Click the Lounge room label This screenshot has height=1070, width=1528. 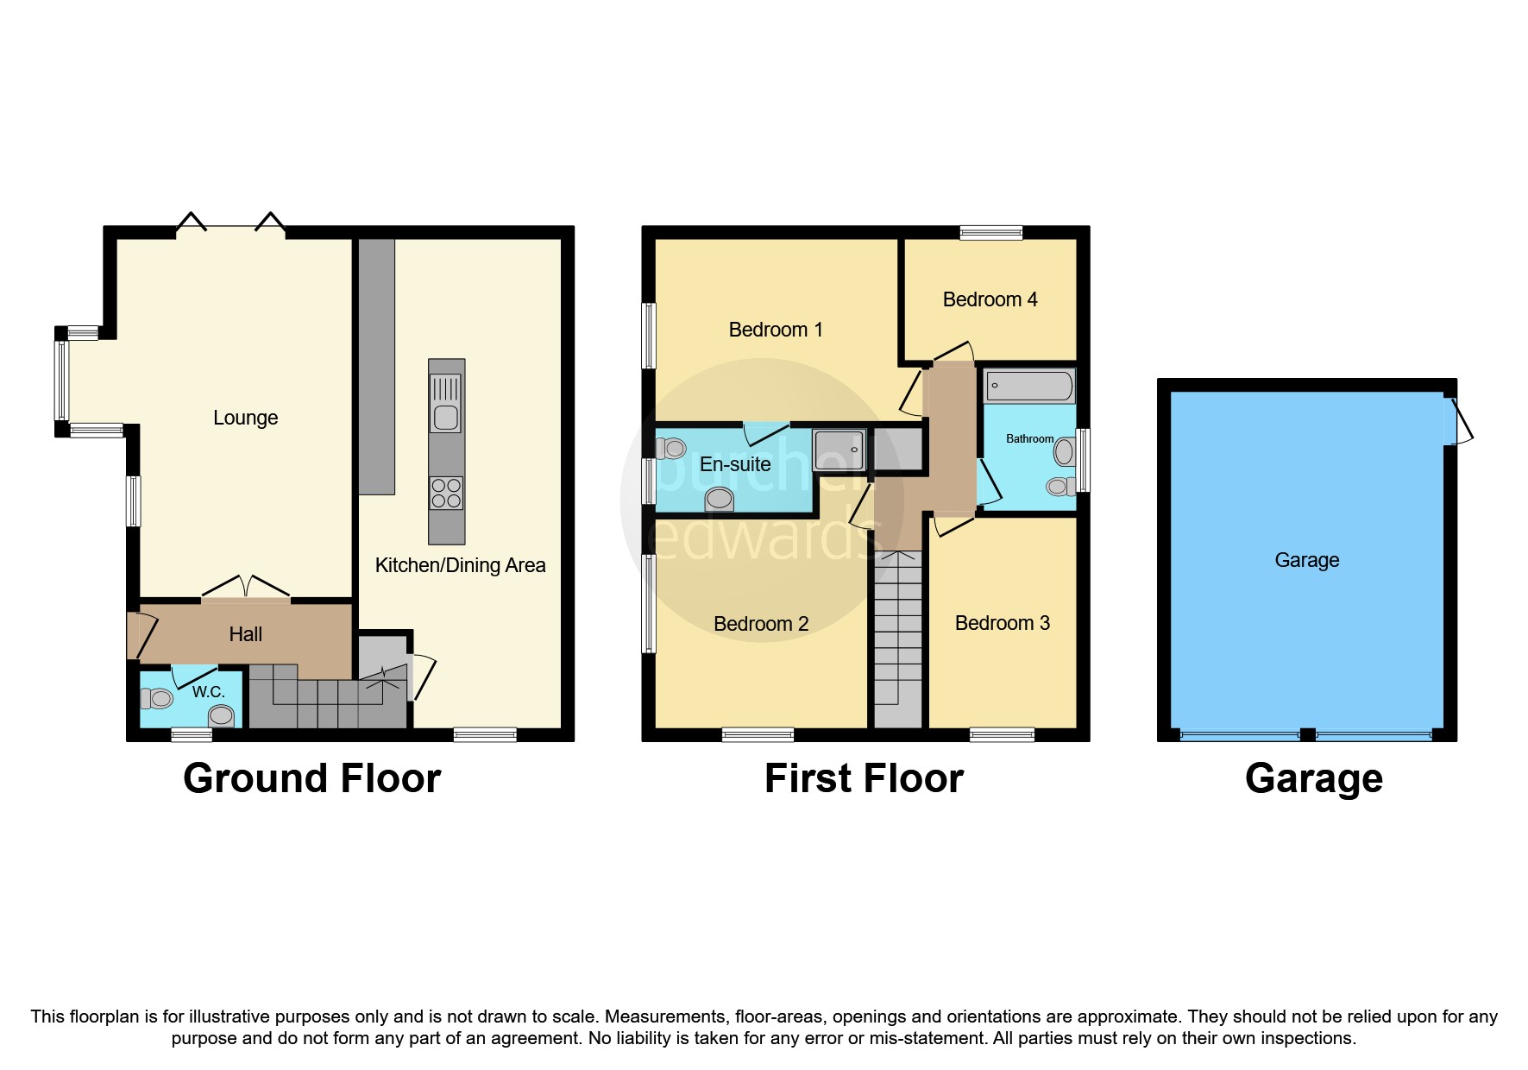[245, 418]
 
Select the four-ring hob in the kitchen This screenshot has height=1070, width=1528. [446, 494]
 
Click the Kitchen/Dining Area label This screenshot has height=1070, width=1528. [460, 565]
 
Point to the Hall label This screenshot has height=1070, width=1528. [245, 634]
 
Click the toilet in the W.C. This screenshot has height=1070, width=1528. [158, 697]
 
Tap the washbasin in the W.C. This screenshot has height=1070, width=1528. [222, 715]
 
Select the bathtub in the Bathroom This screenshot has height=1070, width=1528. [1029, 386]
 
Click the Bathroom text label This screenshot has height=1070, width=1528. [1029, 438]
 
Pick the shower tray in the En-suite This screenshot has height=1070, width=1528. [839, 450]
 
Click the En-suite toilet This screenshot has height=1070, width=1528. [671, 448]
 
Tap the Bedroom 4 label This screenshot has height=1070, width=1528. [990, 299]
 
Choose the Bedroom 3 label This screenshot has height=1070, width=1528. [1002, 623]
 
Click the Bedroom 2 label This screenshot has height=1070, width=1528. [761, 624]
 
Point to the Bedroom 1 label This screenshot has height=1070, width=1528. [775, 330]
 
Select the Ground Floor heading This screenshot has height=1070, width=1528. [311, 778]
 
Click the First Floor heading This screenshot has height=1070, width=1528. [864, 778]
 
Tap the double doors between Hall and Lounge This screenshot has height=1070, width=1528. [246, 588]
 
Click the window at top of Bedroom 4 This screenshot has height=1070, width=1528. [990, 231]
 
